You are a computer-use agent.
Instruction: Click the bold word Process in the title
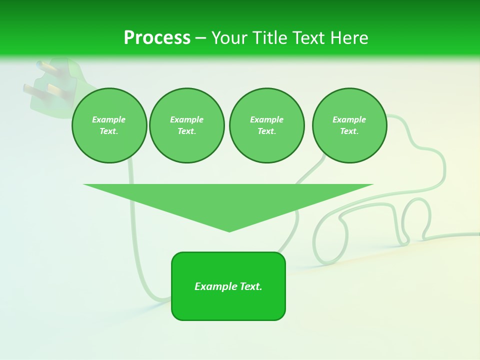[157, 38]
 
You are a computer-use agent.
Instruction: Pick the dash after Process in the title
[200, 38]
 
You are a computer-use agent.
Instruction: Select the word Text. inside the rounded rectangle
[250, 286]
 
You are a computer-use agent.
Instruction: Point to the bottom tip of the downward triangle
[229, 230]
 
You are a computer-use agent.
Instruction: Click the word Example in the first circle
[108, 119]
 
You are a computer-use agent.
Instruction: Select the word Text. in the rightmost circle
[349, 131]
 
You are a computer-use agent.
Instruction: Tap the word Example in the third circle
[266, 119]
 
